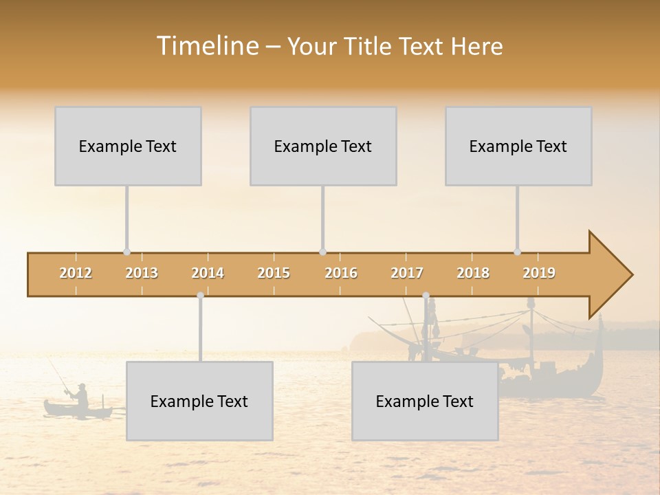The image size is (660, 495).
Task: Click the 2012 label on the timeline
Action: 76,273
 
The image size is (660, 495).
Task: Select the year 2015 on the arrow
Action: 274,273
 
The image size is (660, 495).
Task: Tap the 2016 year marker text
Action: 341,273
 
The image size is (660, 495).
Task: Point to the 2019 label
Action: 539,273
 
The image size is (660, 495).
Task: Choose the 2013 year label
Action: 142,273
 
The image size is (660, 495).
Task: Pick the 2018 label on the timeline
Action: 473,273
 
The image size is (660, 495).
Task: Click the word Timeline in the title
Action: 206,46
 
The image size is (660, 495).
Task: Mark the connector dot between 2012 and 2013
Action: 126,252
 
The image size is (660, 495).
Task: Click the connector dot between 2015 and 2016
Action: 322,252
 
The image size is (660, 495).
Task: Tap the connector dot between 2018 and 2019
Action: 518,252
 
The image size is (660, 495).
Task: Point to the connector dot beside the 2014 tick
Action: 200,295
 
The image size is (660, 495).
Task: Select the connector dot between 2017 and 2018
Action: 426,295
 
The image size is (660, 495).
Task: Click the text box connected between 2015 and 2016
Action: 323,146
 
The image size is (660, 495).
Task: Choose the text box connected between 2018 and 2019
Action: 518,146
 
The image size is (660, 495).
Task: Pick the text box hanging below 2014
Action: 199,401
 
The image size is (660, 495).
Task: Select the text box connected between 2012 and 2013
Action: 128,146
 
